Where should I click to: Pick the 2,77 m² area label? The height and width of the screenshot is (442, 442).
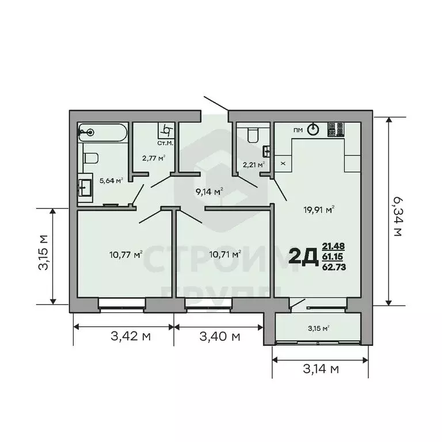tap(154, 158)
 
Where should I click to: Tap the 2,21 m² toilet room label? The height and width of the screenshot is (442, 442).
tap(254, 165)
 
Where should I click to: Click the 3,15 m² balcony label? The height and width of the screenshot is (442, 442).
tap(318, 329)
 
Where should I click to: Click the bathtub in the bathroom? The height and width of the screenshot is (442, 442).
tap(102, 133)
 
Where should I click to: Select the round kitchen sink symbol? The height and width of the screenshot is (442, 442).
tap(313, 129)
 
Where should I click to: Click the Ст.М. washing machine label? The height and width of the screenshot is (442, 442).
tap(165, 143)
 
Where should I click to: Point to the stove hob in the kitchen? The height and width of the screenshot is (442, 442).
tap(336, 129)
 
